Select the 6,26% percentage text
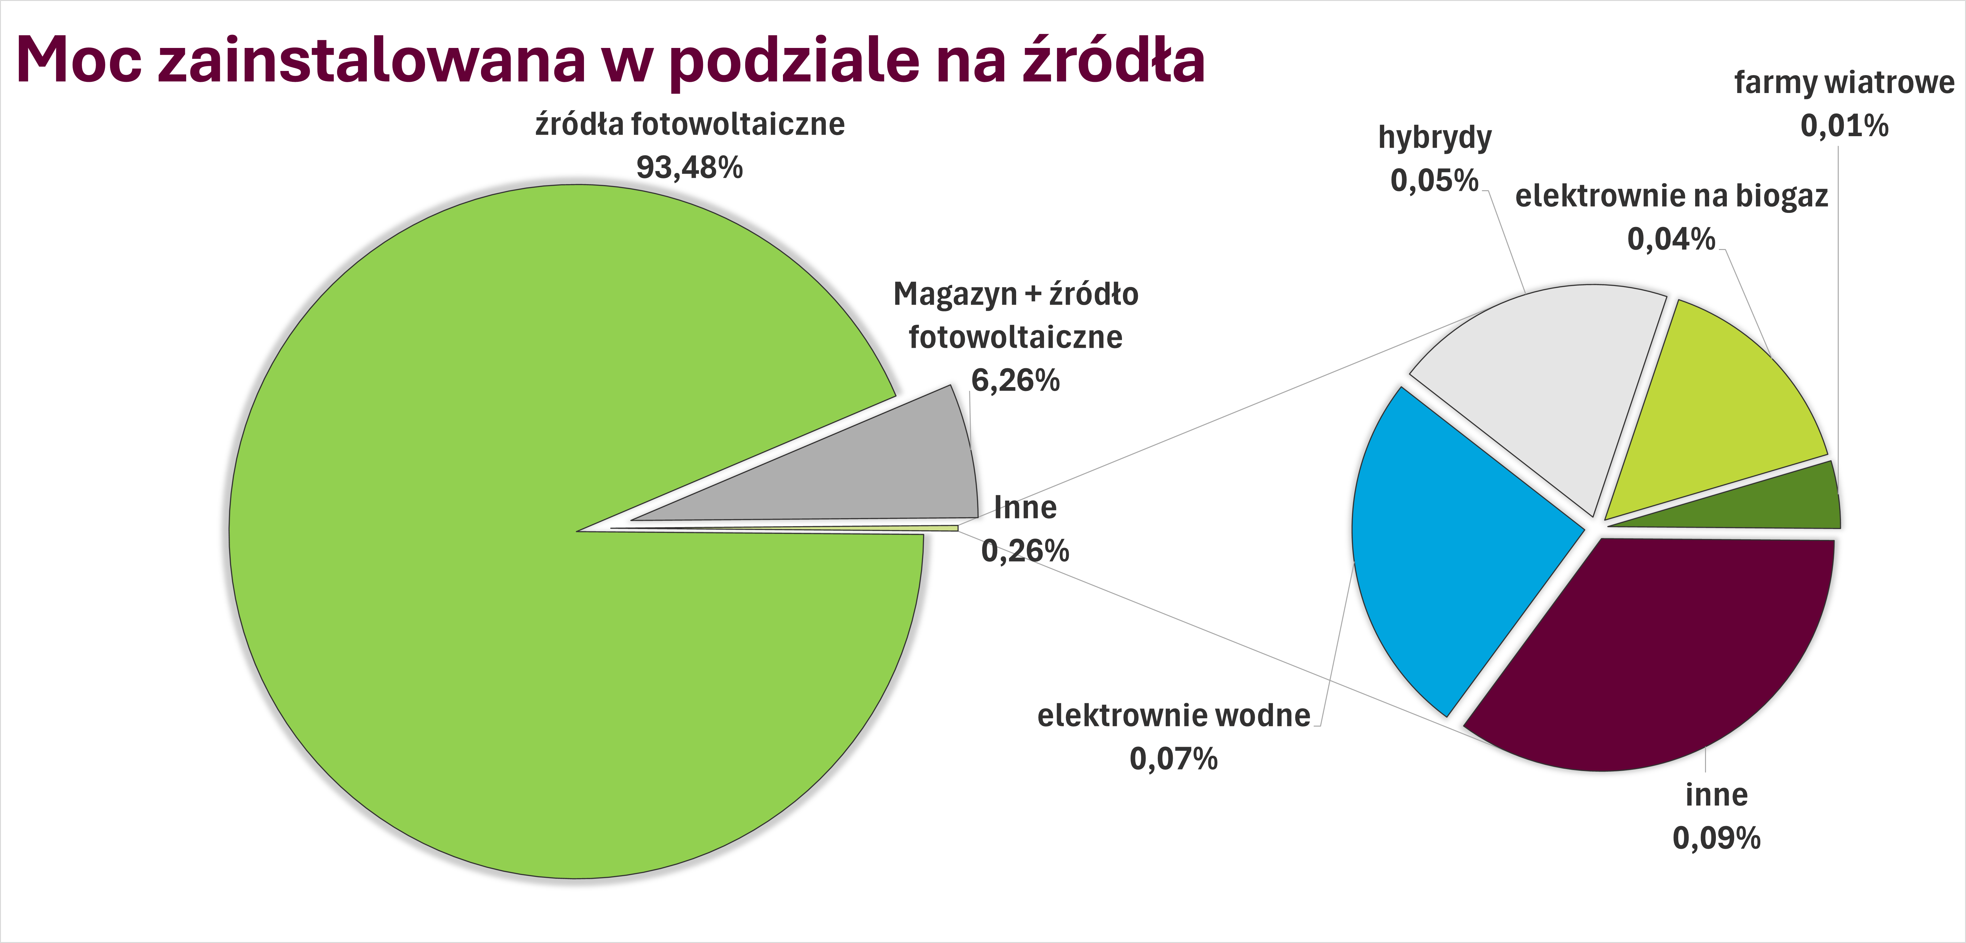point(1015,380)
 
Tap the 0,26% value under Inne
point(1025,551)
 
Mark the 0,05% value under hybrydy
point(1434,181)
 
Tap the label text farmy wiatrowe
point(1844,82)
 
